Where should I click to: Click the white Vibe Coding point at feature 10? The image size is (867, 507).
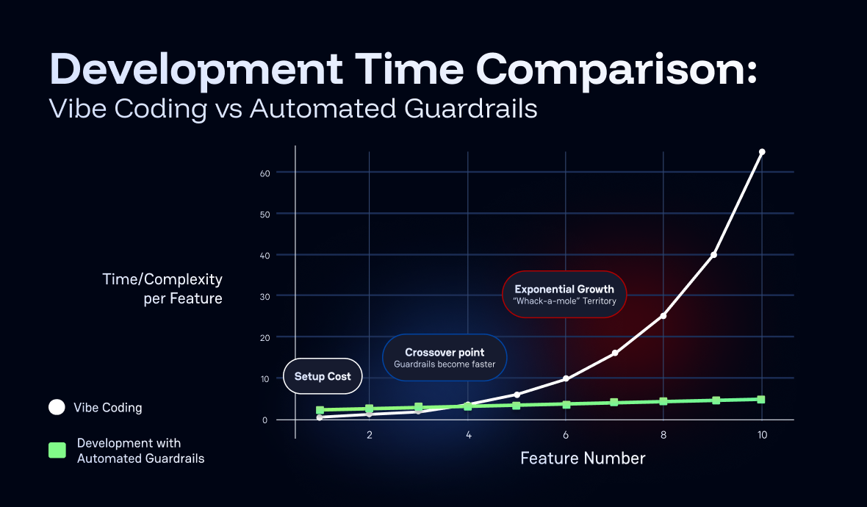point(762,152)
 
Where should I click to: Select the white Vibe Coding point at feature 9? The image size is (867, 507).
point(713,255)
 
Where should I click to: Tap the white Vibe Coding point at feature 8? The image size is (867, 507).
point(663,316)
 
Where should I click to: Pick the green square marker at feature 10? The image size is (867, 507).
point(761,400)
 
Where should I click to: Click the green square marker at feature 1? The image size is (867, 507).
point(320,410)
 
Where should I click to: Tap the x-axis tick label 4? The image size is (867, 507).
point(468,435)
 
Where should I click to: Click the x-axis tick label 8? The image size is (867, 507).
point(663,435)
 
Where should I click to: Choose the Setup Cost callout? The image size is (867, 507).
point(323,376)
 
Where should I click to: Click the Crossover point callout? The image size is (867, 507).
point(445,358)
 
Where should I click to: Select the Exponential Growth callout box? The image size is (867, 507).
point(564,295)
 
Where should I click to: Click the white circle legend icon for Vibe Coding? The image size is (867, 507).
point(57,407)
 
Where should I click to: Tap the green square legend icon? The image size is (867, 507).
point(57,450)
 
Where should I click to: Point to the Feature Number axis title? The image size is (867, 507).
point(583,459)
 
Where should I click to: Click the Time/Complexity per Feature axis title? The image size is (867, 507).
point(162,289)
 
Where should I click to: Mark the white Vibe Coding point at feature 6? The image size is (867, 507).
point(566,378)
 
